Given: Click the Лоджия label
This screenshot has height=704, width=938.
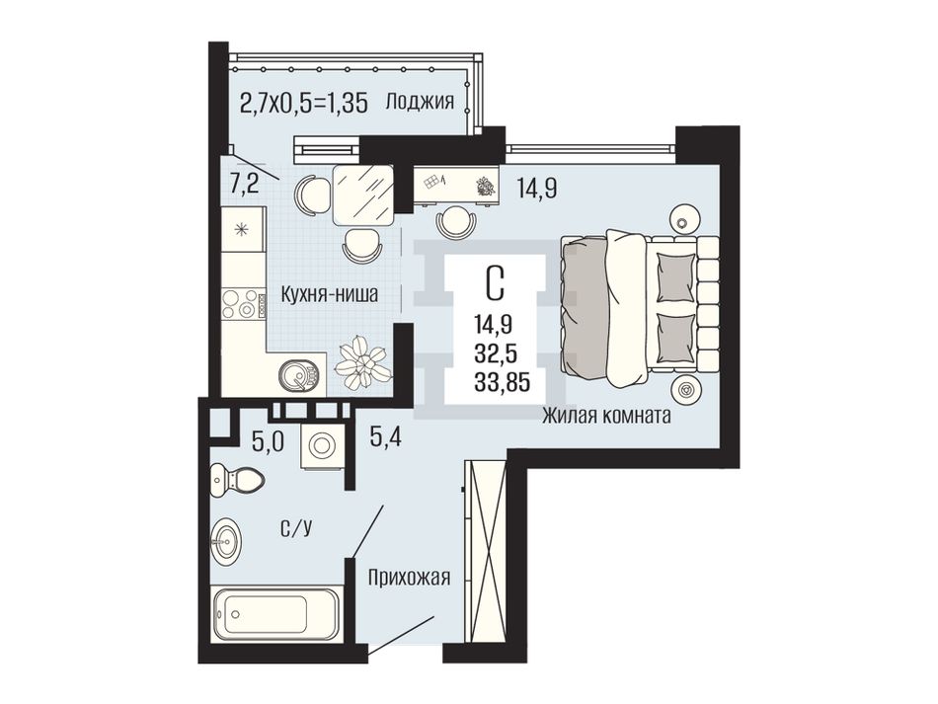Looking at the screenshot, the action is coord(420,102).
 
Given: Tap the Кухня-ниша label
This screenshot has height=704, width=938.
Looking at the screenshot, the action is coord(330,294).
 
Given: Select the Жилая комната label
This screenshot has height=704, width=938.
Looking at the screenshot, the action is coord(606,415).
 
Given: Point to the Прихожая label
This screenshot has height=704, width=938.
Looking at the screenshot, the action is coord(409,578).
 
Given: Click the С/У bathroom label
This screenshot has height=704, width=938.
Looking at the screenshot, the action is coord(296,527).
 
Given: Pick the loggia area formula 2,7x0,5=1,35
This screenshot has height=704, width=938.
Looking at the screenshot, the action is coord(303,103).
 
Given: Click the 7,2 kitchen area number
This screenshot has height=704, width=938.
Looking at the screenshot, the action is coord(245,184).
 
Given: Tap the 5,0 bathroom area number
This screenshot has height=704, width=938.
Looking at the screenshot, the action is coord(268,442).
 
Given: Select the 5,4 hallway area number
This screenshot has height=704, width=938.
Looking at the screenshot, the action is coord(385,437).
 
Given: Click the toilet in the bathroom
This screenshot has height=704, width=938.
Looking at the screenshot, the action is coord(237,480).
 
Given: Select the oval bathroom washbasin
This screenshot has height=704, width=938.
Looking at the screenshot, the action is coord(227,540).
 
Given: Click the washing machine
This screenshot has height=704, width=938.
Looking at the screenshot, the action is coord(323,447).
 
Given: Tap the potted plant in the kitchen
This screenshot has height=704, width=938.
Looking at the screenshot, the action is coord(361,362).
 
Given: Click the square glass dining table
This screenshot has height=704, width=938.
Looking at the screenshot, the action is coord(363,196).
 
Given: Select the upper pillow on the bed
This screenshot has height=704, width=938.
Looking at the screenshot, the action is coord(676,277).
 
